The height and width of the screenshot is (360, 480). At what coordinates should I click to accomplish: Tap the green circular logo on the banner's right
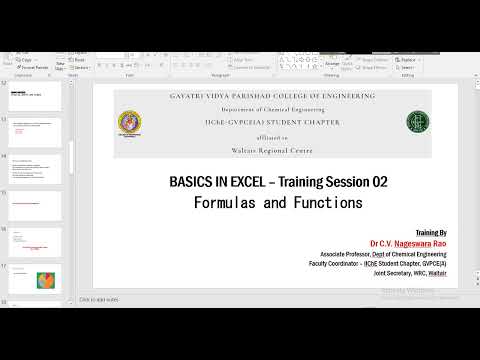(x=413, y=122)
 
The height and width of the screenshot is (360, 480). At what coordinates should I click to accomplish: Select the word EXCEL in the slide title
(x=239, y=182)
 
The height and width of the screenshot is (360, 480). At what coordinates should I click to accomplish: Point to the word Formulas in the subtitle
(x=226, y=202)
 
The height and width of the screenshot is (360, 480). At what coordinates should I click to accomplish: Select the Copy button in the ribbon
(x=26, y=60)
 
